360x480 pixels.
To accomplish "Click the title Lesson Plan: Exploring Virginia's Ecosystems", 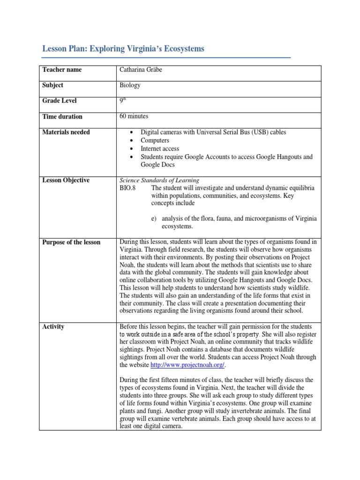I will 123,49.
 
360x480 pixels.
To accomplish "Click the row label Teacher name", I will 62,70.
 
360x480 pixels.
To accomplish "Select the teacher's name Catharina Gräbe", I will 143,70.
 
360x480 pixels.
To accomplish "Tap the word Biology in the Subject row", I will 130,85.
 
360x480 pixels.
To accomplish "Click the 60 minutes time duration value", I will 134,116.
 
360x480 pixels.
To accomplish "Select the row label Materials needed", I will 66,132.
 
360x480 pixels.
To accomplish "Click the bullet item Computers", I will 155,141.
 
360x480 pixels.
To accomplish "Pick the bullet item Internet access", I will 160,149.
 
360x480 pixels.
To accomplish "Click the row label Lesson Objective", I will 66,180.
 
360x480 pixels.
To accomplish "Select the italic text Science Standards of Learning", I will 159,180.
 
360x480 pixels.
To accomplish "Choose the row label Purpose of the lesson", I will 71,242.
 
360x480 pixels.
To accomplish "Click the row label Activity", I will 53,327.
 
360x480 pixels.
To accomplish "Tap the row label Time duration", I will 62,117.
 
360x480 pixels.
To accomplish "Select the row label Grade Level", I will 60,101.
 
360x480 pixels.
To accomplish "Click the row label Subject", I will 53,85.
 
